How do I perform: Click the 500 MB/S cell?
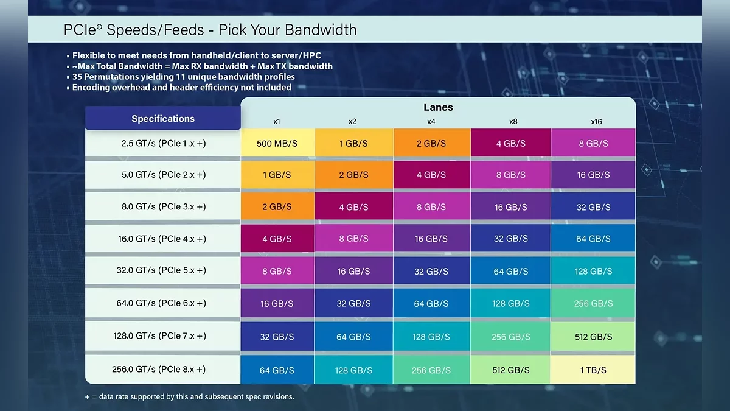pos(277,144)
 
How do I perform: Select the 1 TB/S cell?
pos(593,370)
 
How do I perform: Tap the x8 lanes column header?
pos(513,122)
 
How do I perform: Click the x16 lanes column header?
pos(596,122)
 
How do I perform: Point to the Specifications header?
pos(163,119)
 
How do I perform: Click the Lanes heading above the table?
pos(438,107)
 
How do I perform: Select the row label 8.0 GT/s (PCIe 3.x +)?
pos(164,206)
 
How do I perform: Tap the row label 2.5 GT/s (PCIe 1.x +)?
pos(164,142)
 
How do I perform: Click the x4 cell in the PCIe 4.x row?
pos(431,239)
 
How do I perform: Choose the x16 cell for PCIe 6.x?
pos(593,303)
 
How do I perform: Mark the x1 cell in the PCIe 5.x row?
pos(277,271)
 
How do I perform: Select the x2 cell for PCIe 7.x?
pos(353,336)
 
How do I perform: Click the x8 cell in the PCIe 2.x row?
pos(511,175)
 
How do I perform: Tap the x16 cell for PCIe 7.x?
pos(593,336)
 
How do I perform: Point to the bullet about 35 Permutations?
pos(183,77)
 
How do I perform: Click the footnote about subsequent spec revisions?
pos(190,396)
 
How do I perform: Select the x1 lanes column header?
pos(277,122)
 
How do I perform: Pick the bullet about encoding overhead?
pos(181,87)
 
